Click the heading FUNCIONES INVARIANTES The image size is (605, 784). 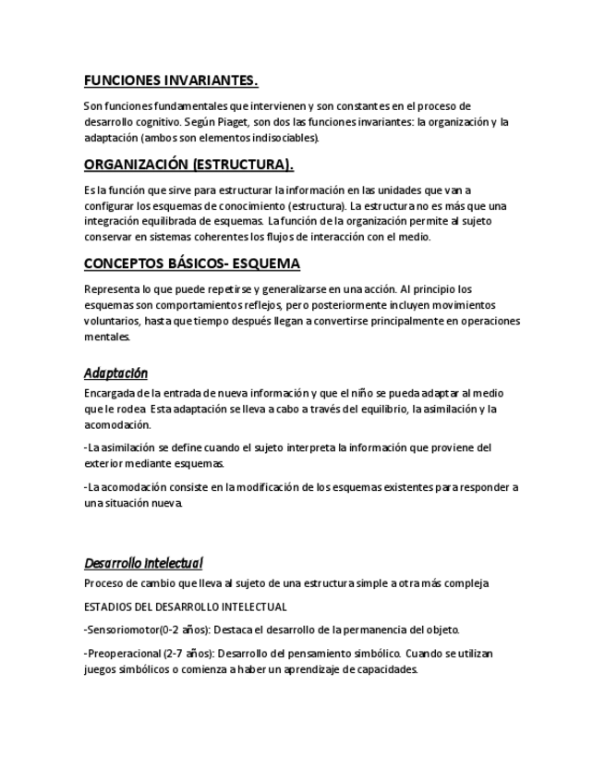tap(171, 80)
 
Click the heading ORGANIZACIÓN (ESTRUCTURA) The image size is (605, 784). tap(188, 165)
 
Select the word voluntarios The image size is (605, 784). tap(111, 321)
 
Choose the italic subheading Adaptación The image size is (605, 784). tap(115, 374)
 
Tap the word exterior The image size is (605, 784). tap(103, 463)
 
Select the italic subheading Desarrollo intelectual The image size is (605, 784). tap(143, 562)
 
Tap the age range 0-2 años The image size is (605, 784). tap(184, 631)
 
